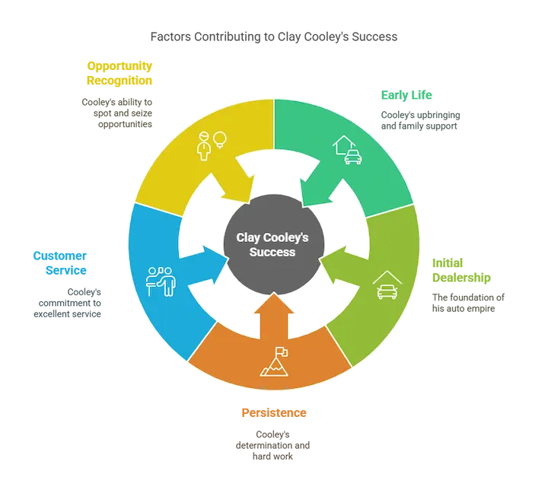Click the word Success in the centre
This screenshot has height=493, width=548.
click(x=274, y=253)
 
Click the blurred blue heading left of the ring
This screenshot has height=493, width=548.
click(x=60, y=262)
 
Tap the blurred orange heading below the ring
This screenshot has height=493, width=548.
click(x=273, y=413)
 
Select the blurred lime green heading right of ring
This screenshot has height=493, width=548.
click(x=460, y=269)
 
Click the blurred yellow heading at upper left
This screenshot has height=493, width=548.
click(x=121, y=72)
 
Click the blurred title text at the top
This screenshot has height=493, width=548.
click(x=273, y=35)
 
